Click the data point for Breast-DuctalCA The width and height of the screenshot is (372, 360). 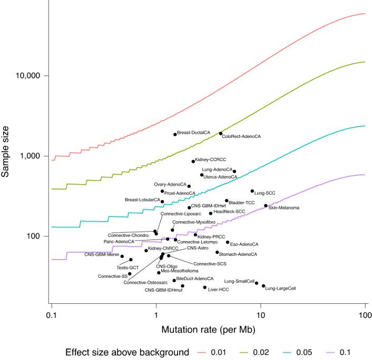click(x=175, y=134)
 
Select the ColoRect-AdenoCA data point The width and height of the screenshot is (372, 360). click(x=221, y=133)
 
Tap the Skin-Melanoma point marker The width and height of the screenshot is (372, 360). click(x=266, y=206)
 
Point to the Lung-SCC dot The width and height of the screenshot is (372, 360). click(x=252, y=191)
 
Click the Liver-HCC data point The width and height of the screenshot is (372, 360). click(x=205, y=287)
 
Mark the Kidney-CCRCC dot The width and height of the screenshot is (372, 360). click(x=193, y=161)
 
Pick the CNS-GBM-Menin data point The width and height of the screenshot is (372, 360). click(x=122, y=256)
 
